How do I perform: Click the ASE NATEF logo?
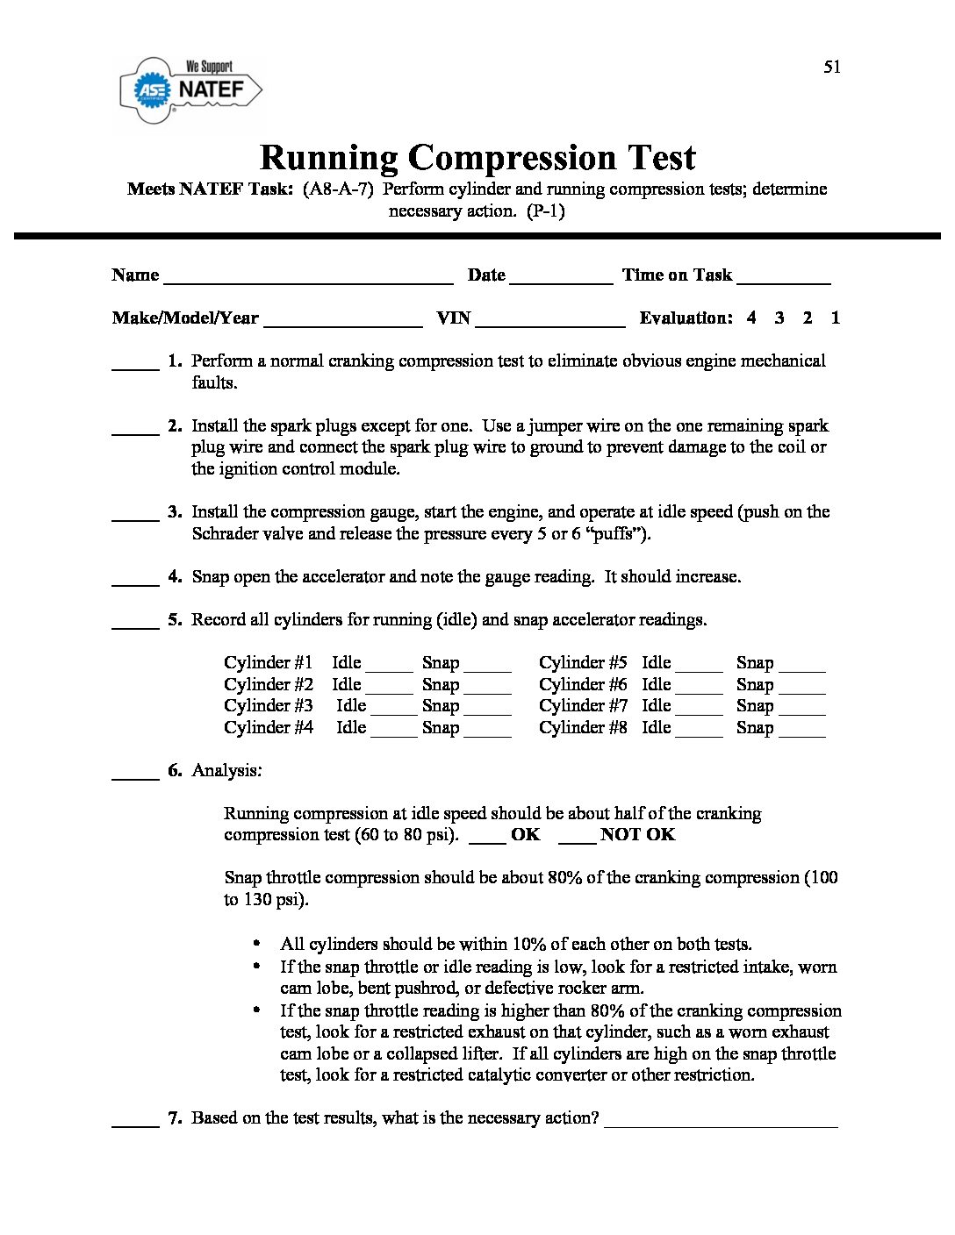(190, 90)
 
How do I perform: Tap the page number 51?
(832, 68)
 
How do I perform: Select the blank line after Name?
(308, 280)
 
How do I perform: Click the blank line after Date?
(561, 280)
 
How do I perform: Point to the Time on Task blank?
(784, 280)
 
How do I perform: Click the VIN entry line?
(550, 323)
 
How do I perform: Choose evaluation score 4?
(751, 318)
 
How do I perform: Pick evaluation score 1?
(836, 318)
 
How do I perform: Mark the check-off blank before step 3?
(135, 518)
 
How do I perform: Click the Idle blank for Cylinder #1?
(389, 667)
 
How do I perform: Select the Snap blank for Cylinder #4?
(487, 732)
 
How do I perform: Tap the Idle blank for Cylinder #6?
(700, 689)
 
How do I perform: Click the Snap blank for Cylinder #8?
(802, 732)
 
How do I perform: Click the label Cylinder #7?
(583, 706)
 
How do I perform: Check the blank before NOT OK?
(577, 839)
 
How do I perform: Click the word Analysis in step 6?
(226, 771)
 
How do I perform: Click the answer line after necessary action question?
(721, 1123)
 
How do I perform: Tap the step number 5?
(175, 620)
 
